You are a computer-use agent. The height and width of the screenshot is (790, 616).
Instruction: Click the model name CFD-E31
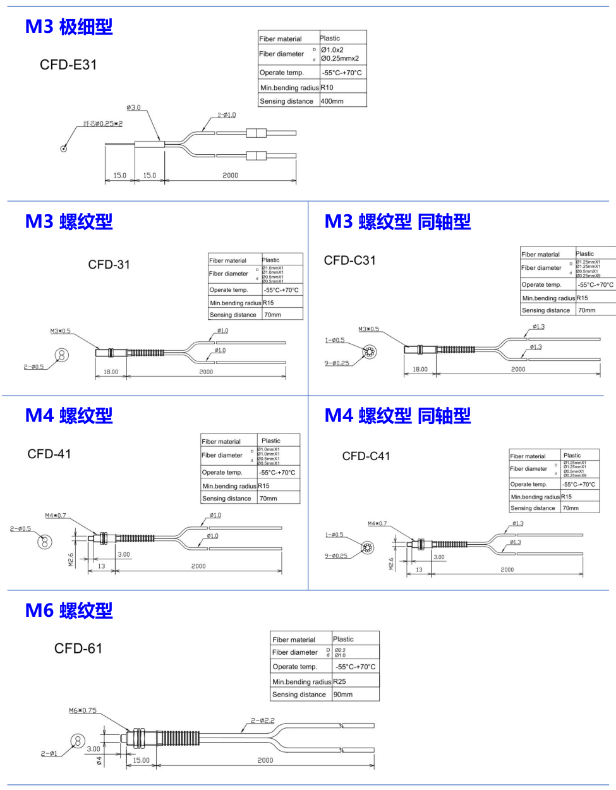68,64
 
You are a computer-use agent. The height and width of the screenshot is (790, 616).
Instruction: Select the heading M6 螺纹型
69,611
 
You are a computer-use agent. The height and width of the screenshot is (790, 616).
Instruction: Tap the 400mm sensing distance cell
332,101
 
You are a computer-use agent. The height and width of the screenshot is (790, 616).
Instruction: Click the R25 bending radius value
339,682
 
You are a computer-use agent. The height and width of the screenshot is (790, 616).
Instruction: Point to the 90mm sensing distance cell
343,695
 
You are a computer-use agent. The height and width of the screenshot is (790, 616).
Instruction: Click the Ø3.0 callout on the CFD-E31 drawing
133,107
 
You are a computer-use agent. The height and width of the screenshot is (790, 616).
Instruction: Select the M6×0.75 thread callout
83,710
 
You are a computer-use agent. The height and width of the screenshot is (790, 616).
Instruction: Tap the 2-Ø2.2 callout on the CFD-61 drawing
263,720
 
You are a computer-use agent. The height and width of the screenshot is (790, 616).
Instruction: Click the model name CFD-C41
366,456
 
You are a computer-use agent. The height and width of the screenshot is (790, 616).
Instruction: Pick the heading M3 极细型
69,27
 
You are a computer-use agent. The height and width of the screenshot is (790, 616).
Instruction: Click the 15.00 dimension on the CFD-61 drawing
142,760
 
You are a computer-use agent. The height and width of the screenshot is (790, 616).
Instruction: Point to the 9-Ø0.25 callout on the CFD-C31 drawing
337,363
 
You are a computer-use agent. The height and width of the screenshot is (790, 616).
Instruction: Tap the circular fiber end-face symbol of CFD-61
78,741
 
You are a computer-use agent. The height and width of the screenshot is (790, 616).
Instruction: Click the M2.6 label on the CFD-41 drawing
71,559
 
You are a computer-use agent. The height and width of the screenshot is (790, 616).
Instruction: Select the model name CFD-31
109,265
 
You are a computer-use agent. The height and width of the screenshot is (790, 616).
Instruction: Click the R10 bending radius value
327,88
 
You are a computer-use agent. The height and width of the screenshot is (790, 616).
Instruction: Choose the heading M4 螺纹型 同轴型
397,416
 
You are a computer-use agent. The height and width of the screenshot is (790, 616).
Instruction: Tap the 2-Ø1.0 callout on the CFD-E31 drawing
226,115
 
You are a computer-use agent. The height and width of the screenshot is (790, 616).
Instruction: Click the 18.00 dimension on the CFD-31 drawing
111,372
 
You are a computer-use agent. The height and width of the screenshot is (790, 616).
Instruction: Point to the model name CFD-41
49,454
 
